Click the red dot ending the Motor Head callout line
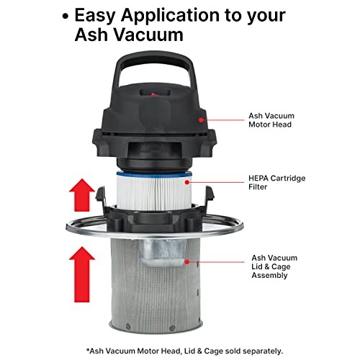(x=202, y=120)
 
